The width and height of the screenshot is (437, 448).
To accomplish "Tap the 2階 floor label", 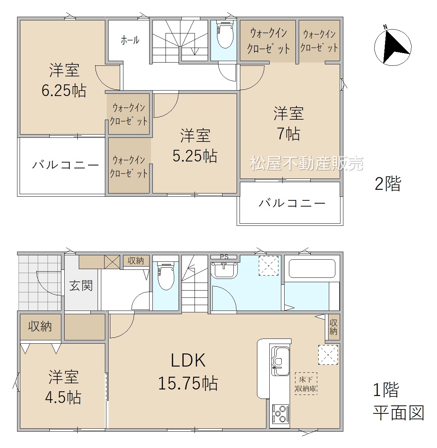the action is click(x=388, y=184).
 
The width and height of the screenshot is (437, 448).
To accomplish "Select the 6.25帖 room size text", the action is click(x=64, y=91).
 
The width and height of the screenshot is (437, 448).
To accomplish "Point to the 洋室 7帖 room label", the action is click(x=289, y=124).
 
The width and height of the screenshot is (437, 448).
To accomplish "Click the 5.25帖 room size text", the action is click(x=195, y=156).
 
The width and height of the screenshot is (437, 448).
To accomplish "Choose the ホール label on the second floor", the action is click(x=130, y=40).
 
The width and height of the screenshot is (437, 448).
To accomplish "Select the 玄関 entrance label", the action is click(x=81, y=286).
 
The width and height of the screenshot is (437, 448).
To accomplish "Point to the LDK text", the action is click(x=188, y=360).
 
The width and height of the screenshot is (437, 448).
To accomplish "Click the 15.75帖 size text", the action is click(x=188, y=383).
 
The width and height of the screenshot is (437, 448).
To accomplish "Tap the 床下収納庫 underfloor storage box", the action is click(x=306, y=384).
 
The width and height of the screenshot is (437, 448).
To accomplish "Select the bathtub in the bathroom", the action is click(x=312, y=269).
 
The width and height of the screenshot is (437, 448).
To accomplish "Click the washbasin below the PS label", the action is click(x=224, y=271).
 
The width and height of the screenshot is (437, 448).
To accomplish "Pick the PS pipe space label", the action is click(x=224, y=257).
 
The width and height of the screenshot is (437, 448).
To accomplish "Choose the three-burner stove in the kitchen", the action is click(x=281, y=414).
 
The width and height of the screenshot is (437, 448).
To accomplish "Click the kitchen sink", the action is click(x=281, y=361).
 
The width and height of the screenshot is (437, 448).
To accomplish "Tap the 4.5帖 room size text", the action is click(x=63, y=397).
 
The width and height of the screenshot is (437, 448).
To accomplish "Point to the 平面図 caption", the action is click(x=399, y=413).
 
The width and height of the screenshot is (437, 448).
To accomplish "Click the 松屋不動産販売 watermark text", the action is click(x=306, y=163).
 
